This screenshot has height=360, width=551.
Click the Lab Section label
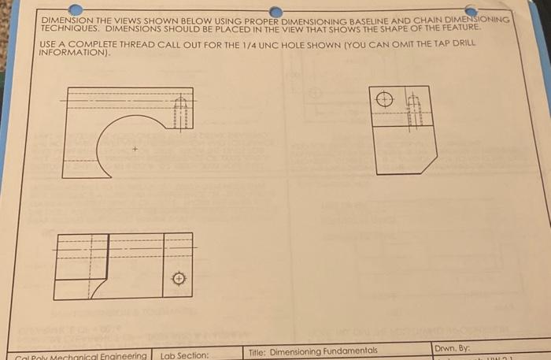point(185,354)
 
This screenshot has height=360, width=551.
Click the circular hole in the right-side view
point(384,100)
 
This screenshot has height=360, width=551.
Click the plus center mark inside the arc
point(135,148)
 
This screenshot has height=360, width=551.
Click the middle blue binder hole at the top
point(275,11)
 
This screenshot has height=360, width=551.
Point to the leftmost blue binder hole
point(75,9)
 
